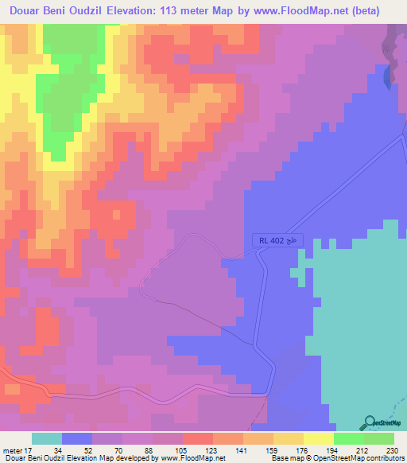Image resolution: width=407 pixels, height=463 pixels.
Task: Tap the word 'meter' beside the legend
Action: click(10, 449)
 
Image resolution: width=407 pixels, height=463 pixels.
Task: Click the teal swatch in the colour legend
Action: click(47, 438)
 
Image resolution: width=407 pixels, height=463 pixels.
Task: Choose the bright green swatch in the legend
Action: click(349, 438)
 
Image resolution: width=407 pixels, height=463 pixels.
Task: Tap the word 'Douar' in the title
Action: click(30, 10)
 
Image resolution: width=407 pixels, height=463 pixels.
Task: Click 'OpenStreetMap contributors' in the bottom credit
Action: click(359, 458)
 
